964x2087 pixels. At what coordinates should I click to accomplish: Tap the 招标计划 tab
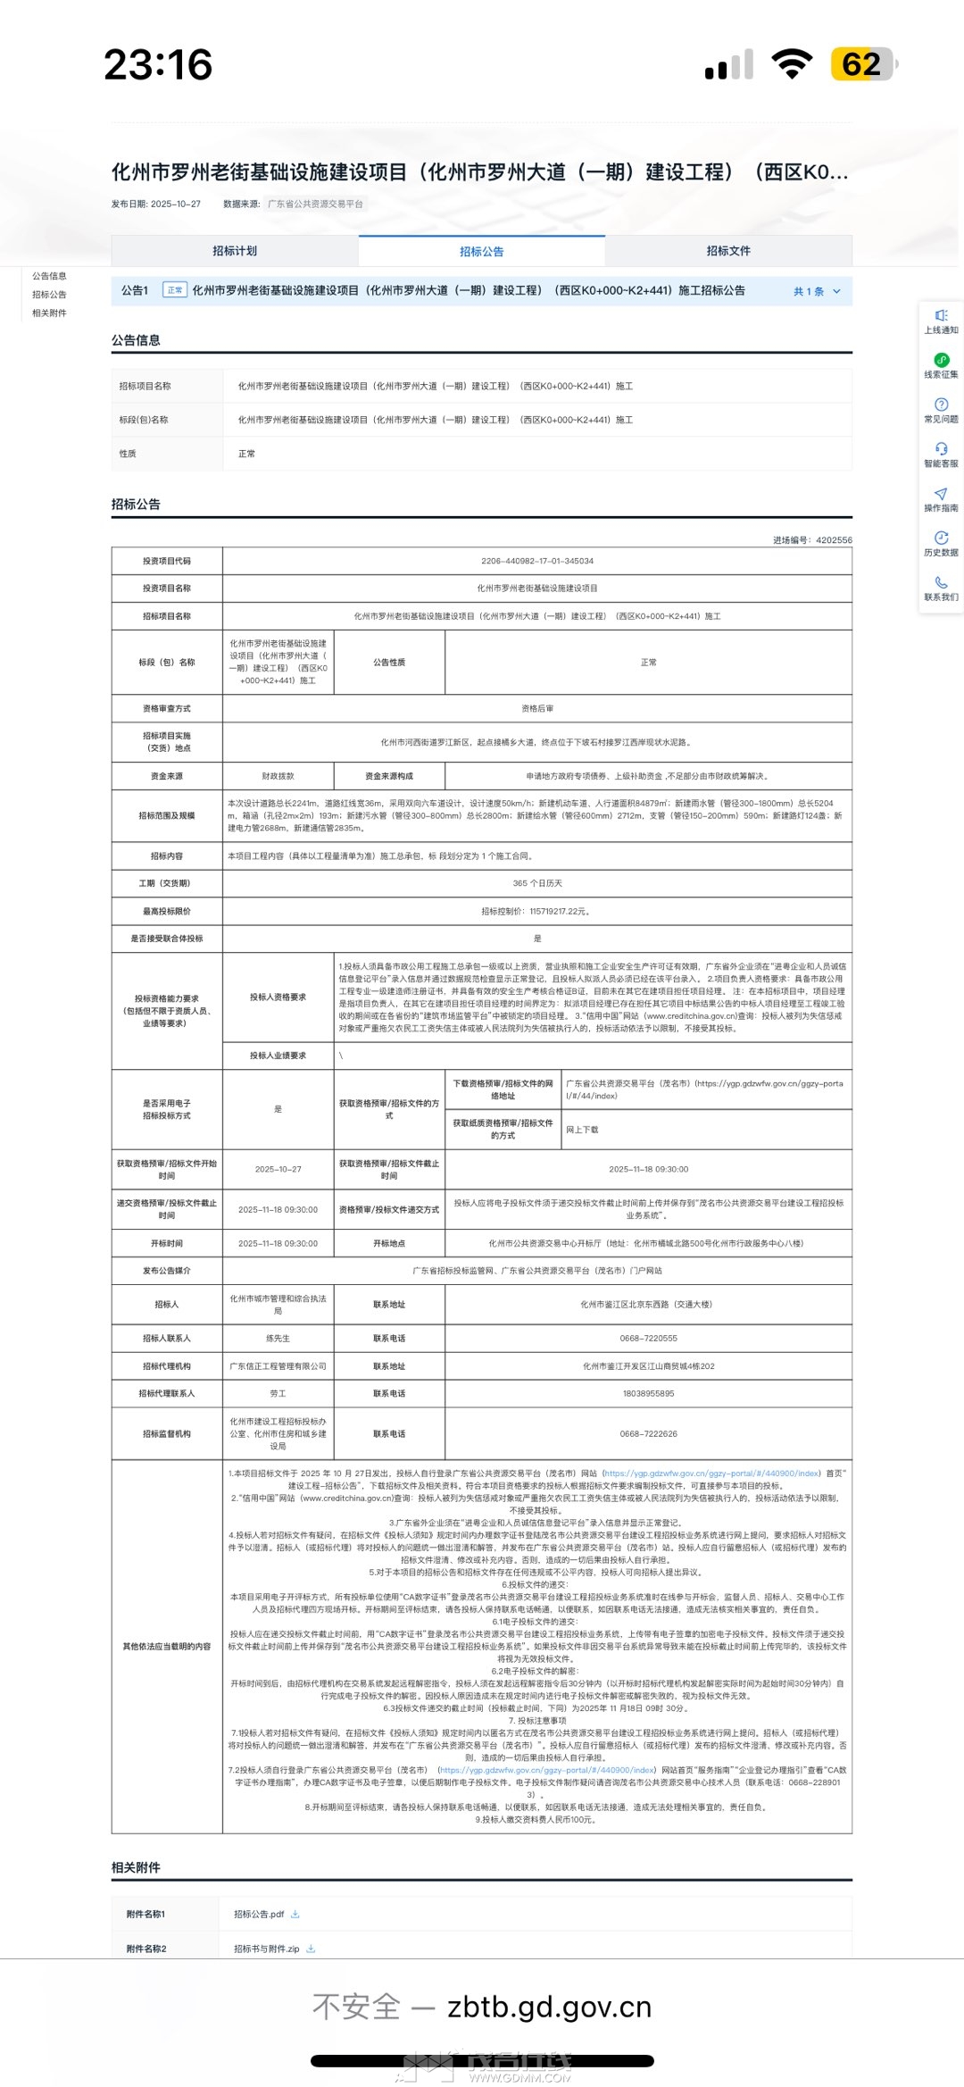[x=235, y=251]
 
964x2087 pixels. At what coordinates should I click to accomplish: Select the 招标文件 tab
[x=728, y=251]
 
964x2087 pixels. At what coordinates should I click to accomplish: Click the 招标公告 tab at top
[x=482, y=252]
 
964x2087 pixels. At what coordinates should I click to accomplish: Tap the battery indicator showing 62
[x=862, y=64]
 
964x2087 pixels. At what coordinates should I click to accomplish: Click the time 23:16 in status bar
[x=158, y=65]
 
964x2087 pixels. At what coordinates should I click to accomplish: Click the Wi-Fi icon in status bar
[x=791, y=64]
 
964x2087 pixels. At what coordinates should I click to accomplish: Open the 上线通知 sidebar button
[x=941, y=321]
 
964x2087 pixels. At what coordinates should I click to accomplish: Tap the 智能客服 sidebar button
[x=941, y=455]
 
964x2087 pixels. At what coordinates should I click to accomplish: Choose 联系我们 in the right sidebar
[x=941, y=589]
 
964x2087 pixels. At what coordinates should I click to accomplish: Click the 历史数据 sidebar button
[x=941, y=544]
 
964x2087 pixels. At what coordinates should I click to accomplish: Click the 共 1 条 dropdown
[x=817, y=291]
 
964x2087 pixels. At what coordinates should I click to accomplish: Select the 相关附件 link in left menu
[x=49, y=313]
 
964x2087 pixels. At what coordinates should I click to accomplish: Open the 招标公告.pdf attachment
[x=259, y=1914]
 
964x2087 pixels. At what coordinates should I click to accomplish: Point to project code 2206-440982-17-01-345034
[x=537, y=561]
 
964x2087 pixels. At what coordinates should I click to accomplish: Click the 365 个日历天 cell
[x=537, y=883]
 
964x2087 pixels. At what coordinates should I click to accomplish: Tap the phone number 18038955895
[x=648, y=1393]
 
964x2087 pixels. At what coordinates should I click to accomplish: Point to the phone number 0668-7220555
[x=648, y=1339]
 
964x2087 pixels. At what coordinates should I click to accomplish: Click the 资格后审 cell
[x=537, y=708]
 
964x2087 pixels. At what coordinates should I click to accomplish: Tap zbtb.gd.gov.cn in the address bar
[x=549, y=2008]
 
